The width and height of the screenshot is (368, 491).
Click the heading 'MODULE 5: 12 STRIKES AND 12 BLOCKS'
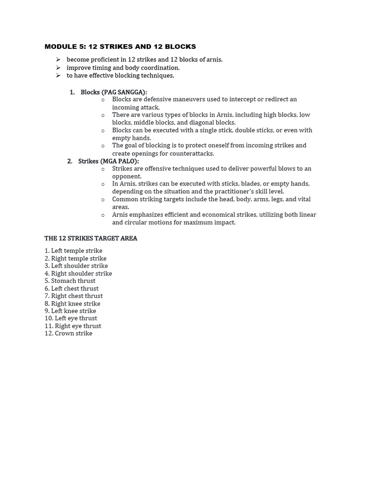(x=120, y=47)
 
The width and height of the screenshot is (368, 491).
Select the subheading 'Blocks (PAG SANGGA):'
(x=114, y=92)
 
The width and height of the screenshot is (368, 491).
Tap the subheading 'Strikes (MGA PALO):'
(x=108, y=161)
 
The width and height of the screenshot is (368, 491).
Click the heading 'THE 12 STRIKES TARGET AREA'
(x=91, y=238)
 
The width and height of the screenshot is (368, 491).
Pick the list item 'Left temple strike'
(x=73, y=251)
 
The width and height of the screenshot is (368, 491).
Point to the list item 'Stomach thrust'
(x=70, y=281)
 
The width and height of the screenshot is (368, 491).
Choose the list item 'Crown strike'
(x=69, y=334)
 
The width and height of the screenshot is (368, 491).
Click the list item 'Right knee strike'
(x=72, y=304)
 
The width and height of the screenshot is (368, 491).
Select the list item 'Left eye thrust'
(x=71, y=318)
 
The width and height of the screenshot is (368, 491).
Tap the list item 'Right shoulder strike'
(x=78, y=274)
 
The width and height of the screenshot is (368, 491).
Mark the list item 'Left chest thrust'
(x=71, y=289)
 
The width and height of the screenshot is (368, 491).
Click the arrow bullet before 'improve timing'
(x=58, y=68)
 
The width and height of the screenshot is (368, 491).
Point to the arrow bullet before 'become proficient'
(x=58, y=59)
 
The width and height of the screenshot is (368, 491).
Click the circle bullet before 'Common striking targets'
(x=103, y=199)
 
